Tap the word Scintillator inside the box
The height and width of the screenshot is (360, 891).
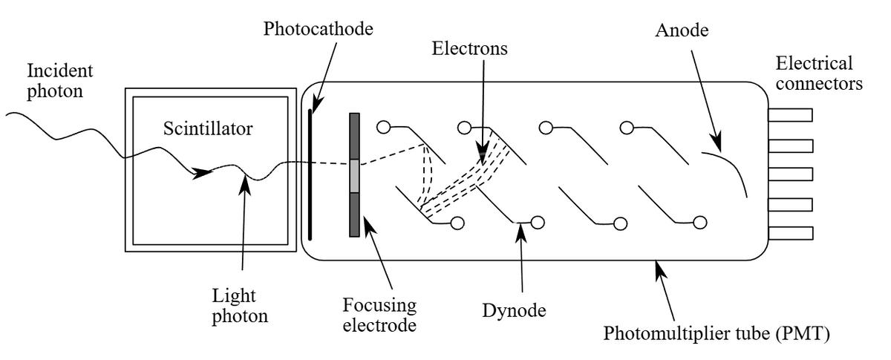[208, 129]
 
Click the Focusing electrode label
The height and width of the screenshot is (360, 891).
[379, 316]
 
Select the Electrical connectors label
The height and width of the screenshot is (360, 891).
[817, 73]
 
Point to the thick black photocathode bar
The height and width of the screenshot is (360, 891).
[310, 174]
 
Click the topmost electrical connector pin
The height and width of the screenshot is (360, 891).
[790, 115]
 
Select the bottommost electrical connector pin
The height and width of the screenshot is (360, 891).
[790, 232]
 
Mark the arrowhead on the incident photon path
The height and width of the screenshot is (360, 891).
[201, 174]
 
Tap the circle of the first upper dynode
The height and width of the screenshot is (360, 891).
[383, 127]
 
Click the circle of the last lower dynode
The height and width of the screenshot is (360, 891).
[699, 222]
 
